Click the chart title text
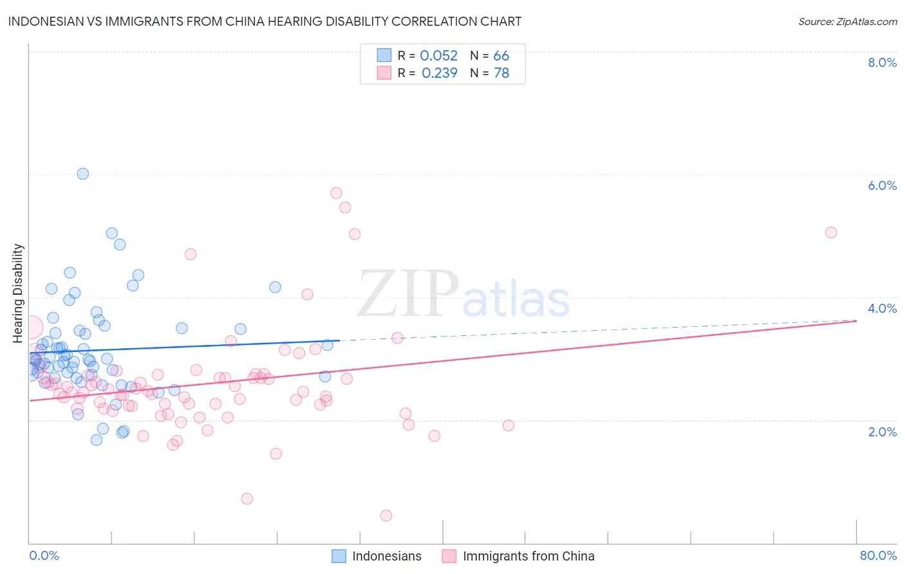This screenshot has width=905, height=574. pos(265,21)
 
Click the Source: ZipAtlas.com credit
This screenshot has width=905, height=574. pos(847,21)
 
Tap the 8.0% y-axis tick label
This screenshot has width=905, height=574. pos(882,62)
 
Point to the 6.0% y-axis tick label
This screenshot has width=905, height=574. pos(882,185)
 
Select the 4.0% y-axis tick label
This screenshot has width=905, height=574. pos(882,308)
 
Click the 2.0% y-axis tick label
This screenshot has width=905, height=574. pos(882,432)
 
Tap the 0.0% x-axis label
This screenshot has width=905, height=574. pos(44,555)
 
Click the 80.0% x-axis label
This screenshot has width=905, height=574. pos(878,555)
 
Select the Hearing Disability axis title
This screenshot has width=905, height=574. pos(18,293)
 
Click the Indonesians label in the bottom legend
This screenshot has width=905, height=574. pos(387,556)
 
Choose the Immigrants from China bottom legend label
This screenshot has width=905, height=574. pos(528,556)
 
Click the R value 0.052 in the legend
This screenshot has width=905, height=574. pos(438,56)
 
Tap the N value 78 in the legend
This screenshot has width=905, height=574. pos(501,73)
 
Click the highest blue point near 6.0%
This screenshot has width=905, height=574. pos(82,174)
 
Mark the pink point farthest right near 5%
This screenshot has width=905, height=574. pos(831,232)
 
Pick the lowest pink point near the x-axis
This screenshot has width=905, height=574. pos(386,515)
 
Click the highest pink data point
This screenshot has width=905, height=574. pos(336,193)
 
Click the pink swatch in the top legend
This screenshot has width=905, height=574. pos(384,73)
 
